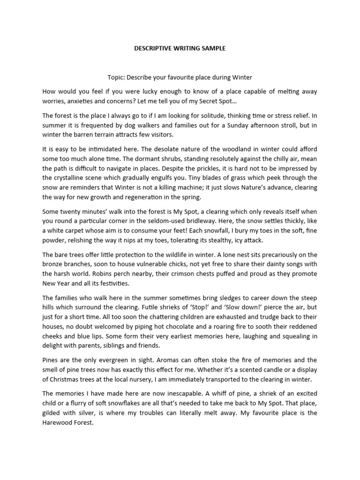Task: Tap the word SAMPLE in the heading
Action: tap(211, 48)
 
